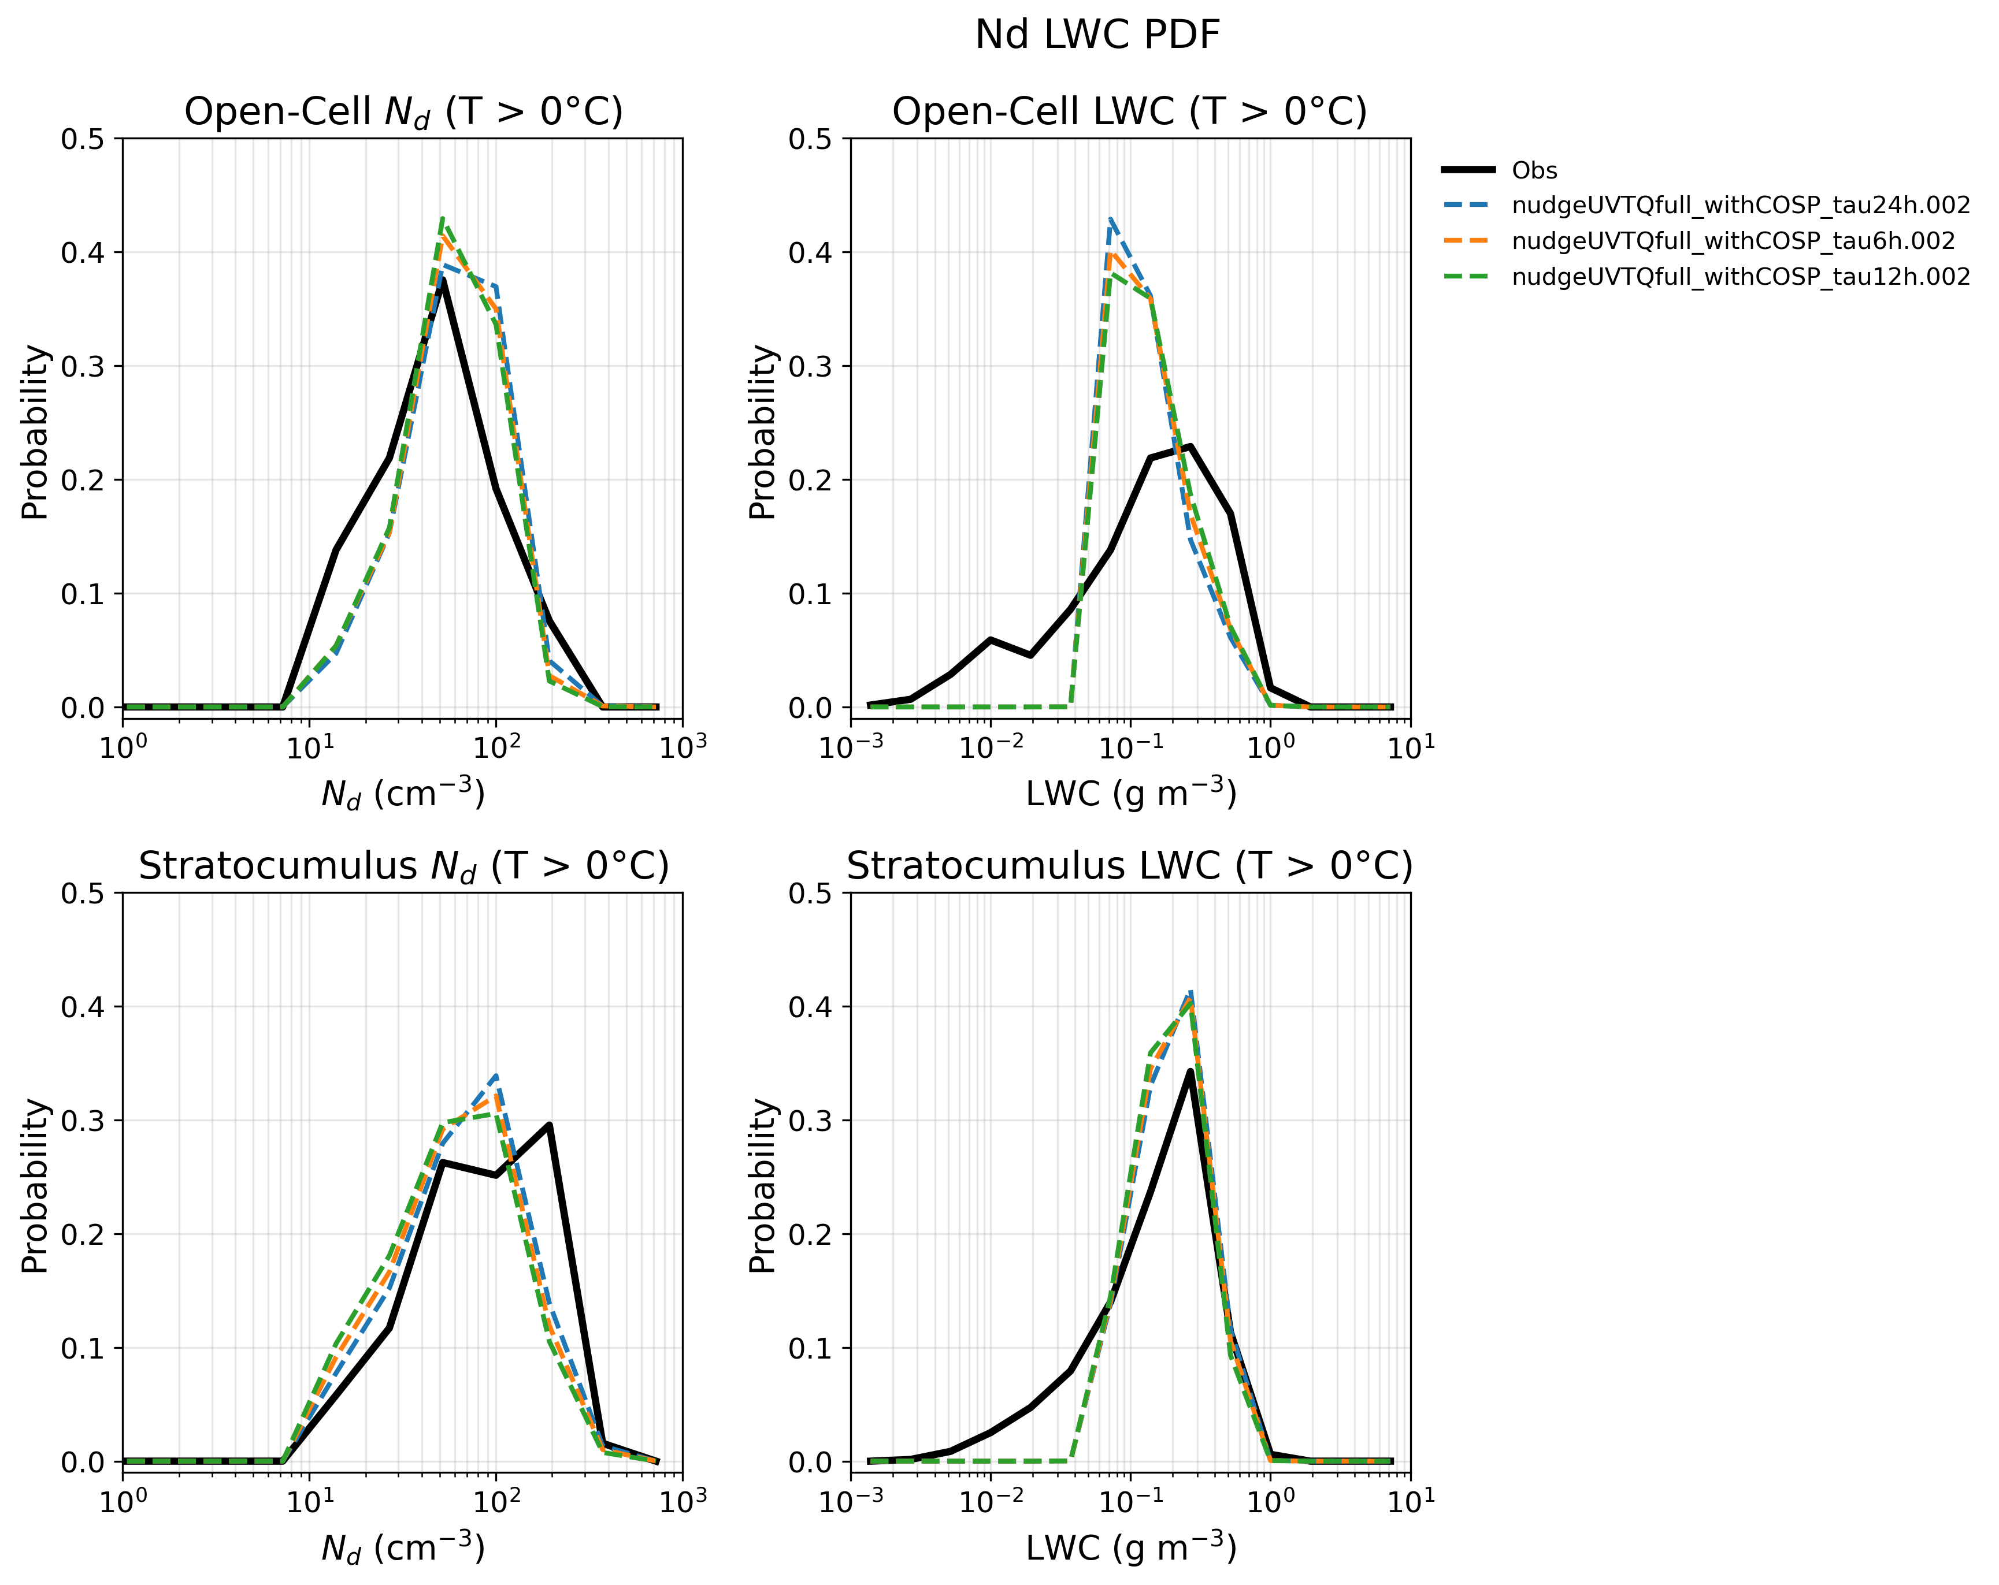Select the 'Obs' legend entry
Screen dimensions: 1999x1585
coord(1499,170)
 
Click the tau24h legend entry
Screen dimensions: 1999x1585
coord(1706,206)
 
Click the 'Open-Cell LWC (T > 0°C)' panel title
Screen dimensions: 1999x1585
coord(1129,111)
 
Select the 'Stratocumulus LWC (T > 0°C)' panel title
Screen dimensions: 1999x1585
coord(1129,866)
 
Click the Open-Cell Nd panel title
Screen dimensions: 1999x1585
coord(403,112)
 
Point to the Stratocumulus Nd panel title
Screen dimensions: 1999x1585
coord(403,866)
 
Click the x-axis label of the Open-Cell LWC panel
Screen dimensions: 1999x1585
coord(1131,794)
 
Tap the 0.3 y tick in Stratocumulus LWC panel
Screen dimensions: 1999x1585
coord(812,1121)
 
